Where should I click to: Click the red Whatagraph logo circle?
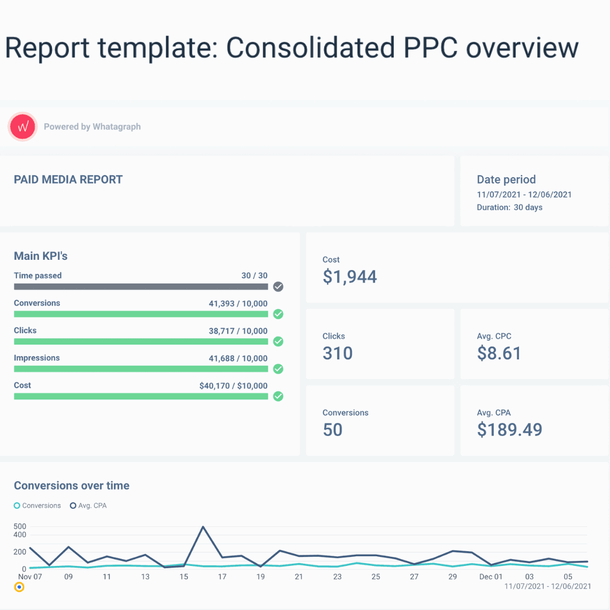coord(23,127)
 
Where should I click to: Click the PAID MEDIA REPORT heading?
coord(68,180)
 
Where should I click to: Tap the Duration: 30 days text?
coord(509,207)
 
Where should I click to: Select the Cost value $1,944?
coord(350,277)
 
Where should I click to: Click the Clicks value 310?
coord(337,353)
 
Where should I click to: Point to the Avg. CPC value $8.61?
coord(499,353)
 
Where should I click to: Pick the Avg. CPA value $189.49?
coord(509,429)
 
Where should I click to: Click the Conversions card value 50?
coord(333,429)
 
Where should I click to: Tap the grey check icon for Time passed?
coord(278,287)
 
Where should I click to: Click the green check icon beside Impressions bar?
coord(278,369)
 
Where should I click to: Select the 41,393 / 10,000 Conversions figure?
coord(238,303)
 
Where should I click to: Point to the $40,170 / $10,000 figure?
coord(233,386)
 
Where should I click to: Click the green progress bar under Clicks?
coord(141,341)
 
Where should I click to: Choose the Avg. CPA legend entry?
coord(88,506)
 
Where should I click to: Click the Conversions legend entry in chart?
coord(37,506)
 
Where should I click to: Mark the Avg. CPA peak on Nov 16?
coord(203,527)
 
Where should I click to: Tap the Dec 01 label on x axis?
coord(490,577)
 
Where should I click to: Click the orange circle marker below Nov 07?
coord(19,587)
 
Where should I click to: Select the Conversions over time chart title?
coord(72,486)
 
